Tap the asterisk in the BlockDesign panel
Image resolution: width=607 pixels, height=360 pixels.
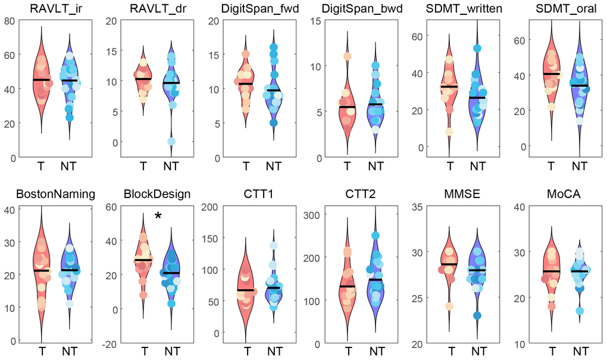(158, 217)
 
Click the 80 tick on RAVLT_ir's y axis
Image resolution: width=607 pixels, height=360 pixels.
(10, 21)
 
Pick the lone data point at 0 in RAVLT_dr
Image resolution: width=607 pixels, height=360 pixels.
(171, 142)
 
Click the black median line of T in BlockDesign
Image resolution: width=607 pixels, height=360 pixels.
(143, 260)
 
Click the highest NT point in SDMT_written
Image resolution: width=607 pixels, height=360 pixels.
(477, 48)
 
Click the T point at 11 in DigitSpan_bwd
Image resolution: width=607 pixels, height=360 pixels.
(346, 57)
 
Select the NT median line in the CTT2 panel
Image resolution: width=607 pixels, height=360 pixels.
(375, 280)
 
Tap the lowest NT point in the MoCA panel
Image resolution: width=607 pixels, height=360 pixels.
(579, 311)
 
